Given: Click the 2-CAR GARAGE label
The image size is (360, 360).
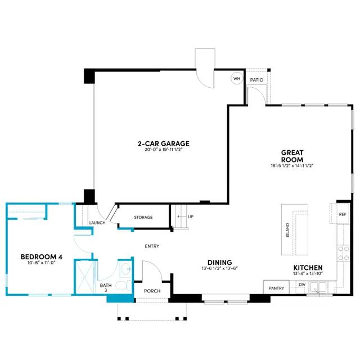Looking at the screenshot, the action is [x=164, y=144].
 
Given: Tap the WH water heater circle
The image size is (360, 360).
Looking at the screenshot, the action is [x=237, y=79].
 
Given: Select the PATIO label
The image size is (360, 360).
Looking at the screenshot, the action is [x=256, y=80].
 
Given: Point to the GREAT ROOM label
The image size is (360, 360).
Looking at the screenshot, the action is [x=292, y=156].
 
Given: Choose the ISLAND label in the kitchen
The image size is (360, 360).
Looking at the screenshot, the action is [x=287, y=230].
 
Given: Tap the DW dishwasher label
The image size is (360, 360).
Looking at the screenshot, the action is [x=302, y=285].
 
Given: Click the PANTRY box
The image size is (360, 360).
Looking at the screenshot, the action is [x=276, y=287].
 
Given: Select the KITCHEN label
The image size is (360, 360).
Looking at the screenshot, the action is [x=308, y=268].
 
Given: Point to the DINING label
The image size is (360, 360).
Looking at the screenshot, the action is [x=220, y=263].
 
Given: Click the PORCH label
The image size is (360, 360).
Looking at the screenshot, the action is [x=152, y=291].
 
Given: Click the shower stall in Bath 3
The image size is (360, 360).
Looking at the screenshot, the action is [x=85, y=277].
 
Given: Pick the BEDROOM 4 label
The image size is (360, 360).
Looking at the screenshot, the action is [x=42, y=256].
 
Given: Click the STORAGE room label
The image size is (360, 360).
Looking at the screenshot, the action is [x=143, y=217].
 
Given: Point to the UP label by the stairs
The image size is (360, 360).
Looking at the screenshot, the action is [x=191, y=217].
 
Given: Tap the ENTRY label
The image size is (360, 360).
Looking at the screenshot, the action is [x=152, y=246].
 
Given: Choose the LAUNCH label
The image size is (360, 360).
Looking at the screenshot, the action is [x=97, y=223].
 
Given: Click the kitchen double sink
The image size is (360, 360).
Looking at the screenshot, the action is [x=318, y=287].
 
